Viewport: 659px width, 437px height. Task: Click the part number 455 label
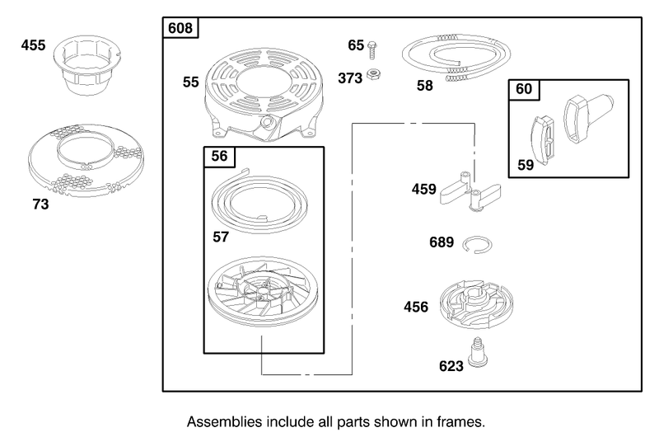(x=33, y=45)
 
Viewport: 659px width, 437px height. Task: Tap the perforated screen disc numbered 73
(x=86, y=161)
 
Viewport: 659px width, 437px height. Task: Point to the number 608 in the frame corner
(x=180, y=28)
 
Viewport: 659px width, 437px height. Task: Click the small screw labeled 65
(x=372, y=49)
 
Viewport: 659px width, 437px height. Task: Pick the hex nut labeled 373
(x=373, y=74)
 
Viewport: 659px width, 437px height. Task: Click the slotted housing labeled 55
(x=264, y=95)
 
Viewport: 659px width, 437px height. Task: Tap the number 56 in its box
(x=219, y=156)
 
